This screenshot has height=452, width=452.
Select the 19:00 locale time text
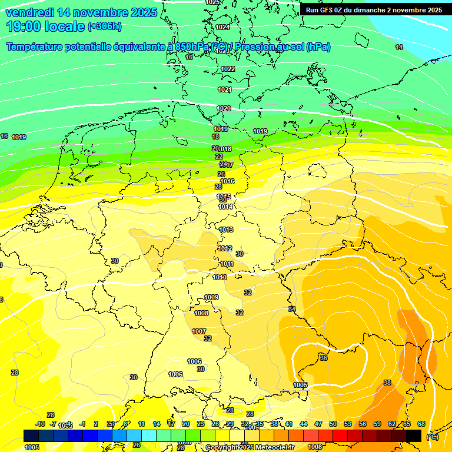coord(46,26)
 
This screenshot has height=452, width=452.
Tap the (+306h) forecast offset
coord(104,26)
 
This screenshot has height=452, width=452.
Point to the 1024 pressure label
coord(222,28)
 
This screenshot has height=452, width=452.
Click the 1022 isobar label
coord(228,69)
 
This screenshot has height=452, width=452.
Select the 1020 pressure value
coord(224,109)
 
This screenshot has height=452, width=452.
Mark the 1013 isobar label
coord(226,230)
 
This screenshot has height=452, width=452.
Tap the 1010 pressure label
coord(220,277)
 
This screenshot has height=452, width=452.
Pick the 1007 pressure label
coord(199,331)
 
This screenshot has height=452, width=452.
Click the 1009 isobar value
coord(211,297)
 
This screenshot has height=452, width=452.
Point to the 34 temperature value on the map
coord(291,309)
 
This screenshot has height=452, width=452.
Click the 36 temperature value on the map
coord(323,358)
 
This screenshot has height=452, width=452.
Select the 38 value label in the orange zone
coord(387,383)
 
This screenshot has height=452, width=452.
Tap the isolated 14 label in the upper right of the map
coord(399,47)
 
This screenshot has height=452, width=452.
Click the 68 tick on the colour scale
coord(421,424)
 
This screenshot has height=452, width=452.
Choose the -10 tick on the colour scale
coord(40,424)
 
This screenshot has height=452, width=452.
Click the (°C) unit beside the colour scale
coord(432,436)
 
